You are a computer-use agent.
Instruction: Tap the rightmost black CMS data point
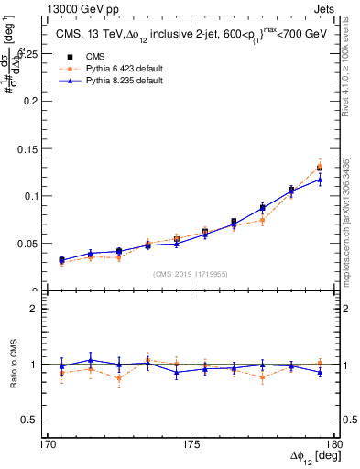(320, 168)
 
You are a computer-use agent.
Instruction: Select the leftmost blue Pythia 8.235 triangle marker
(61, 260)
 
